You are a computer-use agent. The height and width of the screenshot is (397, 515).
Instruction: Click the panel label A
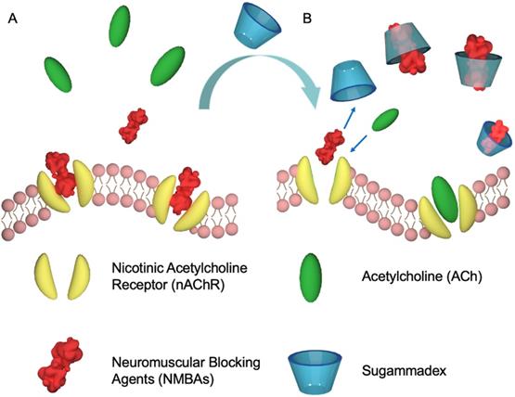(x=12, y=19)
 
